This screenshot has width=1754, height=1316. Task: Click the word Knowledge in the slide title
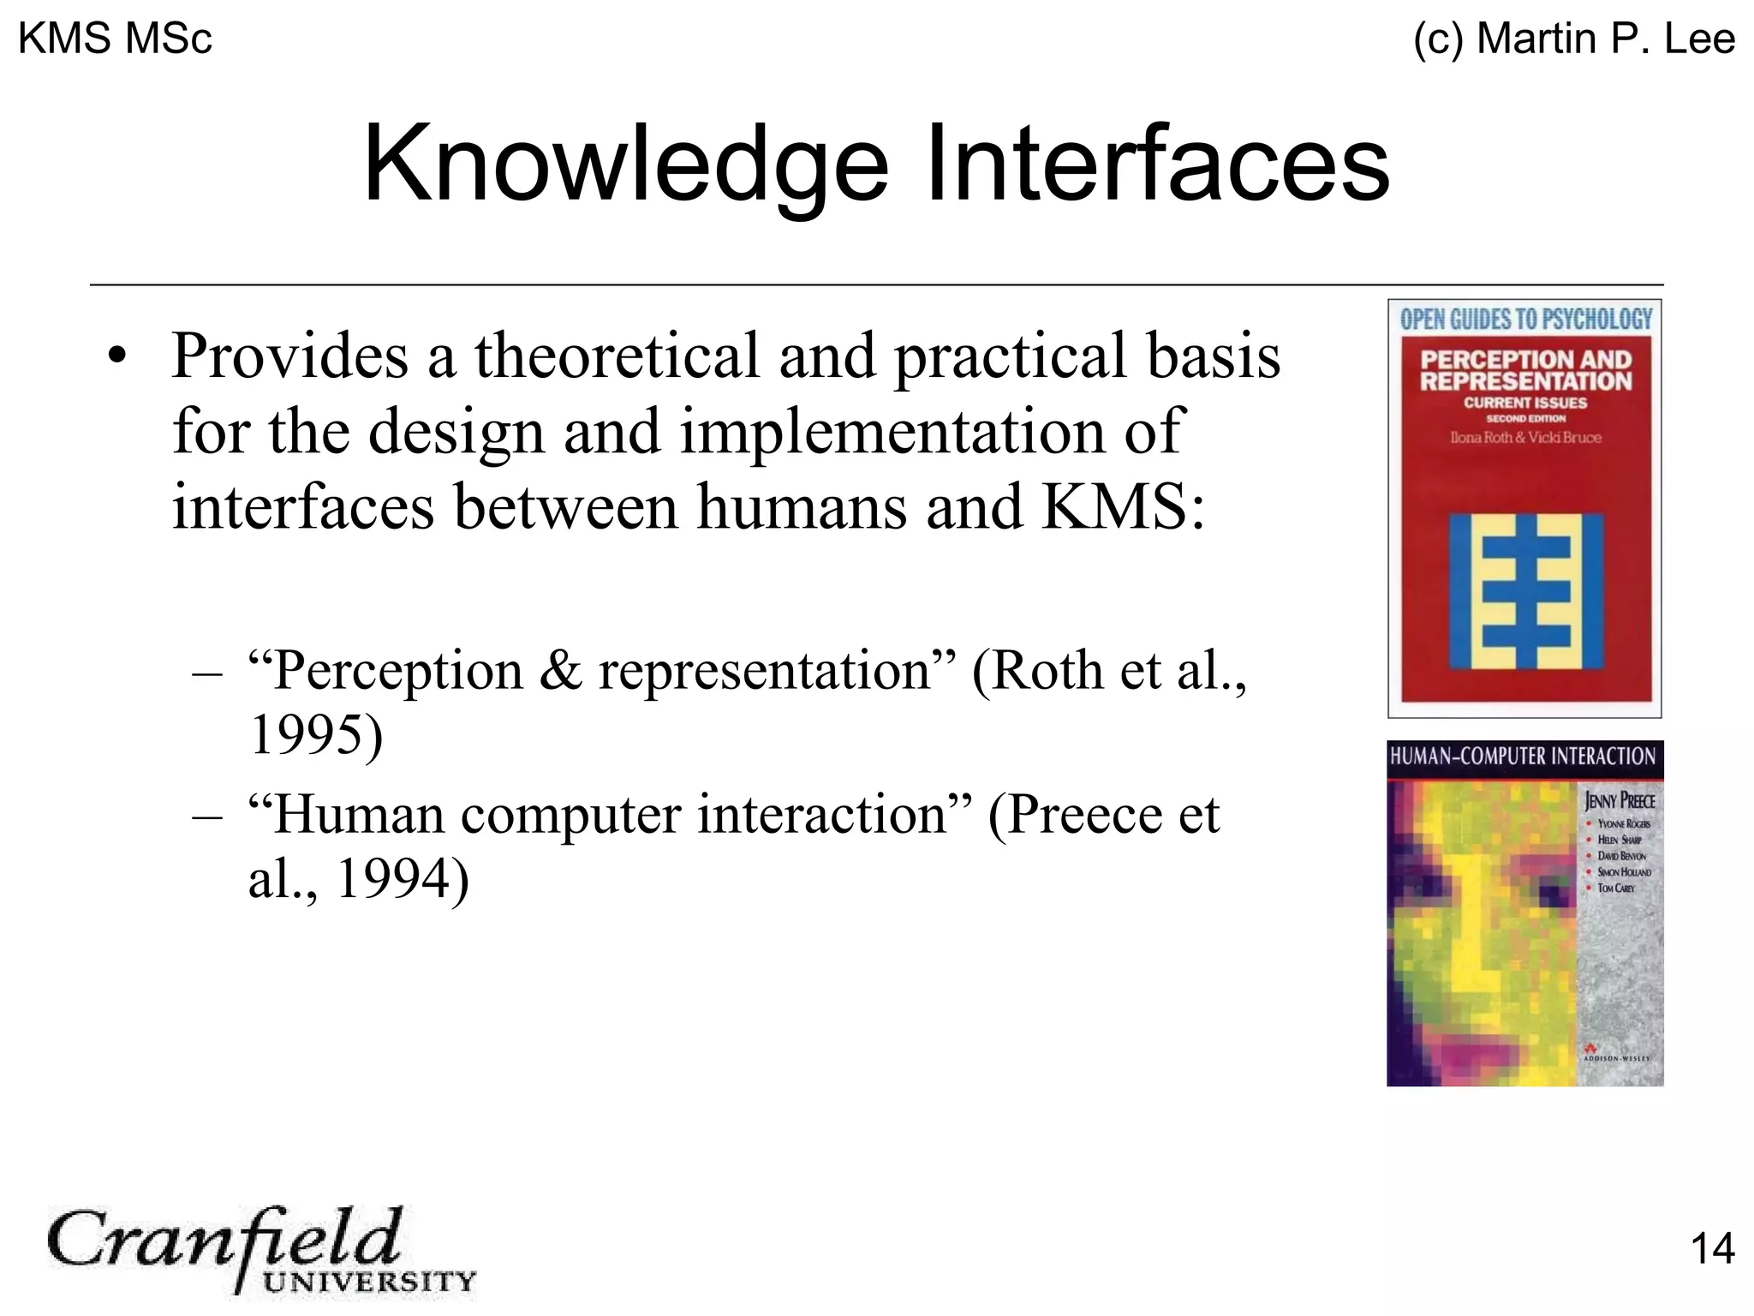tap(625, 164)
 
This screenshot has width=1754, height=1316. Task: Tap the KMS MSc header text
tap(115, 39)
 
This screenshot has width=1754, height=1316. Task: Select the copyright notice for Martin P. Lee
tap(1574, 39)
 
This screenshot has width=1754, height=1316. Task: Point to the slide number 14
tap(1712, 1248)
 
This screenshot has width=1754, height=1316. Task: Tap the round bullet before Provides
tap(117, 356)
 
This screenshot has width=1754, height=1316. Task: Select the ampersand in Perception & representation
tap(560, 671)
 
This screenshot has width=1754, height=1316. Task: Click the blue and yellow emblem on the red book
tap(1525, 590)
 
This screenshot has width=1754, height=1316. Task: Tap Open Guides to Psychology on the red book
tap(1525, 320)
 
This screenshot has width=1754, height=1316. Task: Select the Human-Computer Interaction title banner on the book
tap(1523, 757)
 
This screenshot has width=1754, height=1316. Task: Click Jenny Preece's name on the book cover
tap(1619, 801)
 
